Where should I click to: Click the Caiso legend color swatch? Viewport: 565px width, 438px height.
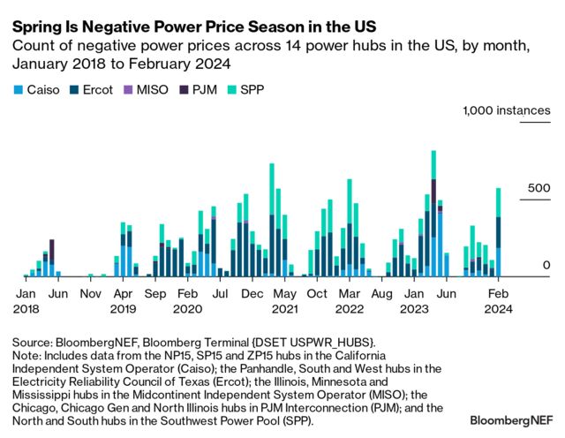pyautogui.click(x=17, y=89)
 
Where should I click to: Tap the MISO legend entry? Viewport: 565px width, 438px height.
pyautogui.click(x=145, y=89)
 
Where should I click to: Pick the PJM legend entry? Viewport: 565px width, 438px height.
pyautogui.click(x=197, y=89)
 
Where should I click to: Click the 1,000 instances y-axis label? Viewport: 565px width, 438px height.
pyautogui.click(x=500, y=110)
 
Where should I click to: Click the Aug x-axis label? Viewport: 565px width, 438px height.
pyautogui.click(x=381, y=292)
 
